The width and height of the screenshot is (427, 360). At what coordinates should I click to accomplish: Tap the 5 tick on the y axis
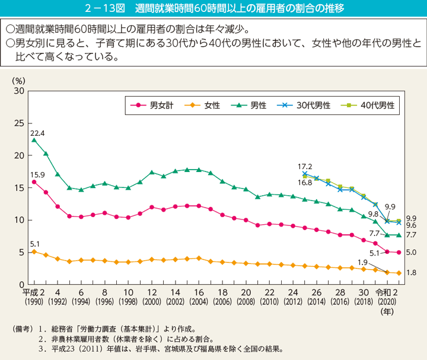point(21,252)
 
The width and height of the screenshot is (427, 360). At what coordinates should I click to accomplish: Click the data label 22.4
point(37,133)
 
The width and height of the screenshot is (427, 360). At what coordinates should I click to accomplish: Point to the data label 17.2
point(304,167)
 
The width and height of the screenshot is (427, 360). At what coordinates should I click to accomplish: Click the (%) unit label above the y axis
point(18,79)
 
